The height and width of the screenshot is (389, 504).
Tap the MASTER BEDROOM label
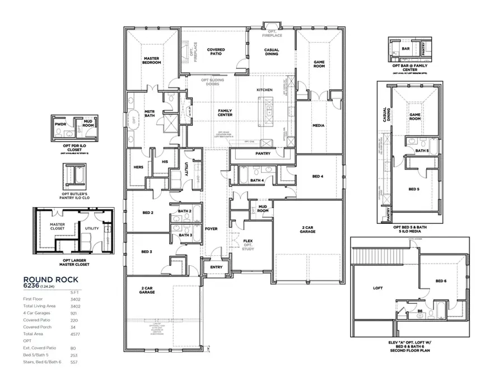coord(152,60)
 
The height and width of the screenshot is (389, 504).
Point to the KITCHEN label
coord(264,90)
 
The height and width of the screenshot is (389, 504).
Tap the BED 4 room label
coord(318,176)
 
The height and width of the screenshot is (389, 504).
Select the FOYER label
coord(211,228)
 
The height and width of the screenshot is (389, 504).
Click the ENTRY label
coord(216,267)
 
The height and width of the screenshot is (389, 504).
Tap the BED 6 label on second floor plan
coord(441,280)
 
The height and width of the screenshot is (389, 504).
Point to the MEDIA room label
coord(318,125)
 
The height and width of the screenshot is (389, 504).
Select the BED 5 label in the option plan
coord(413,189)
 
